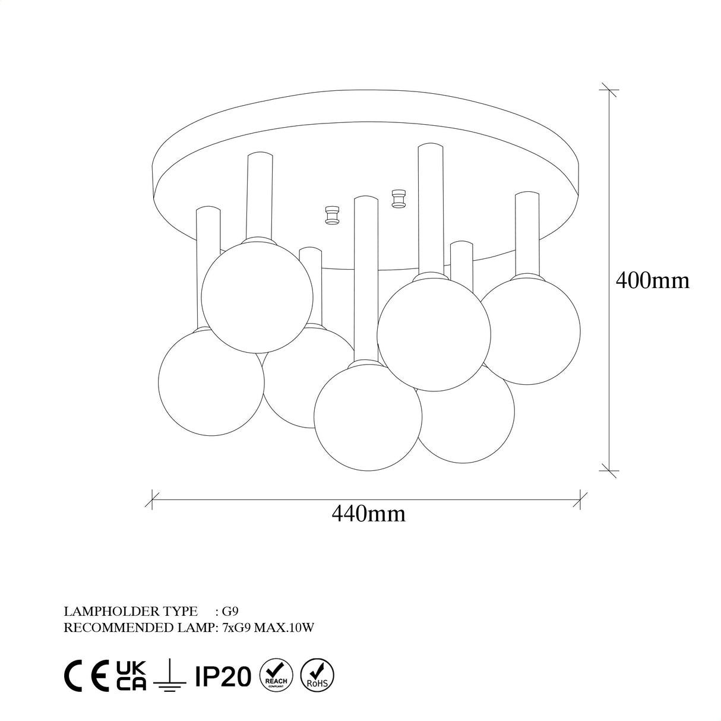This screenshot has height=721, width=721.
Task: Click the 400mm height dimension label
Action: pos(653,280)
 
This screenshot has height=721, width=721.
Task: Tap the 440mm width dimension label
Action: pos(369,514)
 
